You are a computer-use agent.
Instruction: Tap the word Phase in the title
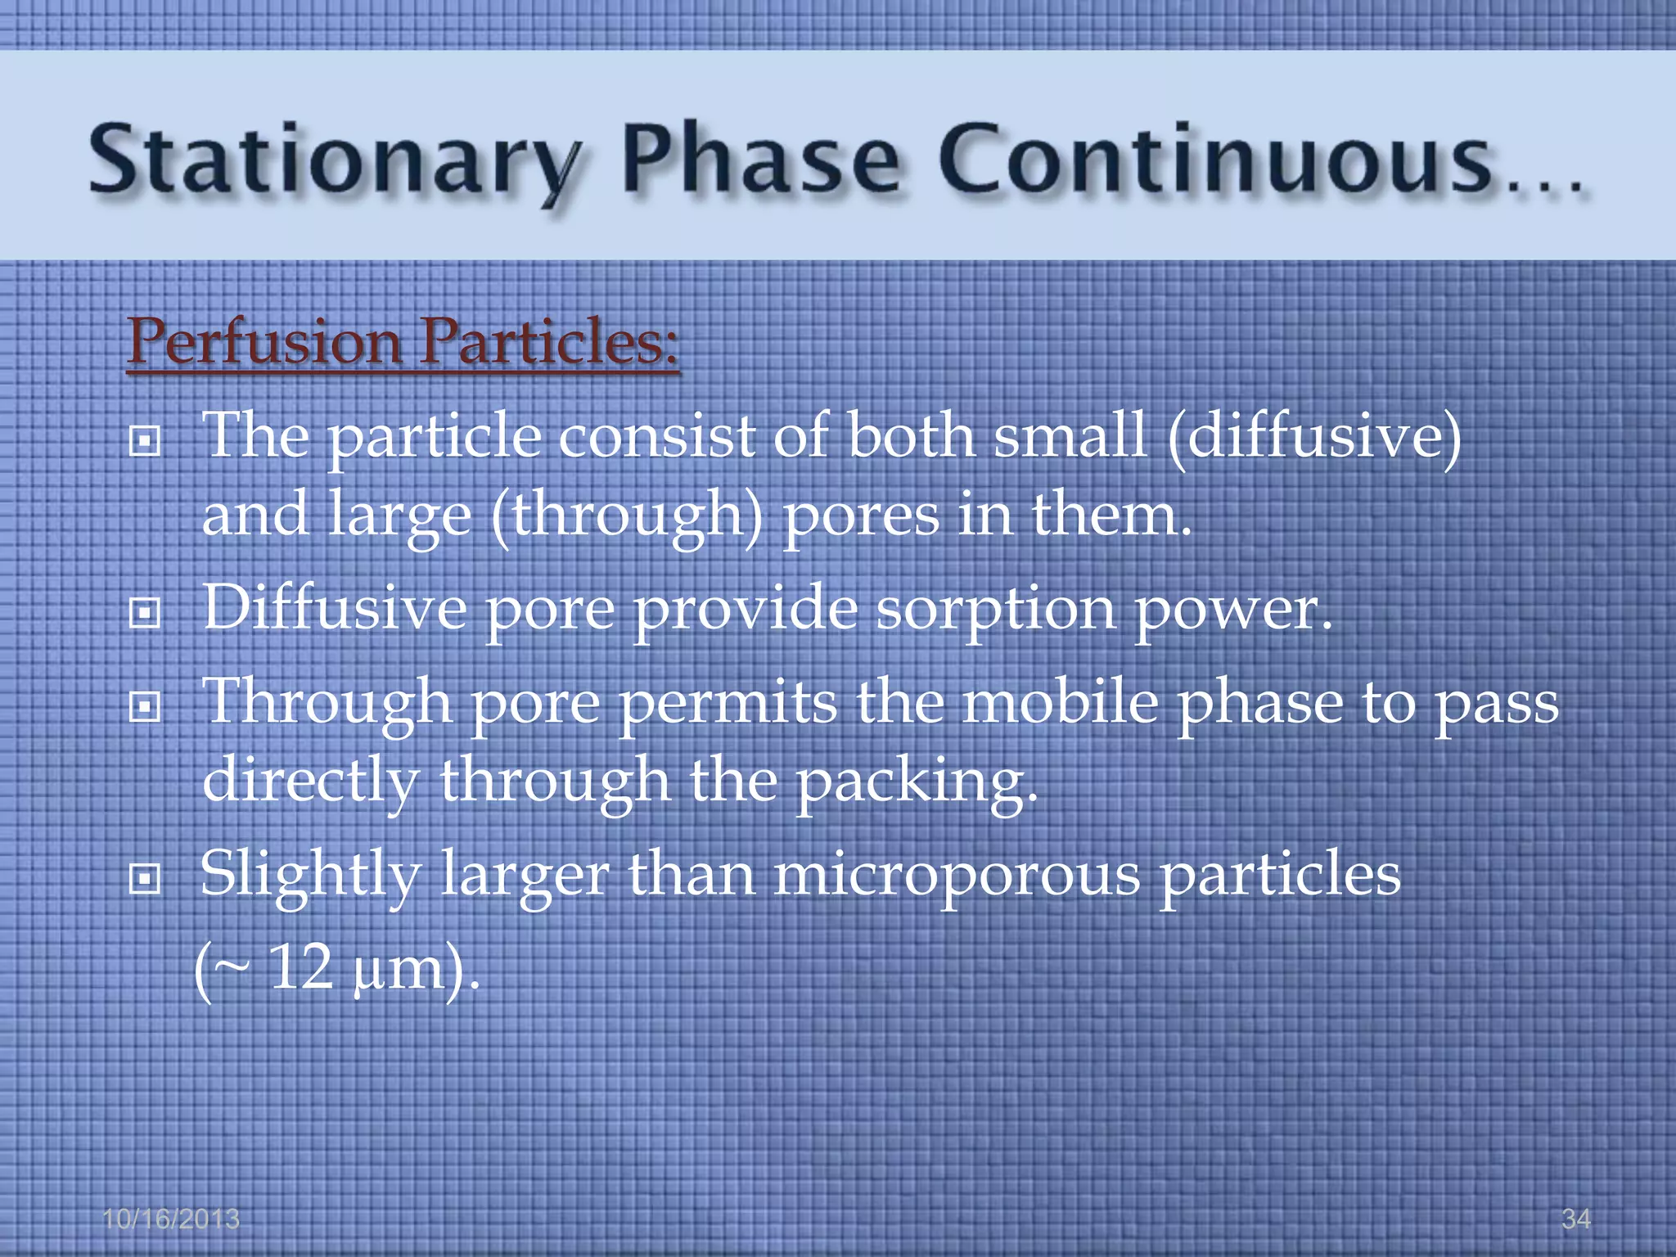[x=761, y=160]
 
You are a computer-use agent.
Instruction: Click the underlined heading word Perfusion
[x=264, y=342]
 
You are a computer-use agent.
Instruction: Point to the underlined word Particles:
[x=548, y=342]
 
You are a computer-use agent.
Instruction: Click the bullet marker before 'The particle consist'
[x=145, y=443]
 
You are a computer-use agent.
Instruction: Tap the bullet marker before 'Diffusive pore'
[x=145, y=613]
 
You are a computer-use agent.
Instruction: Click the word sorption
[x=995, y=610]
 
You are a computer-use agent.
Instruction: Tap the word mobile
[x=1060, y=704]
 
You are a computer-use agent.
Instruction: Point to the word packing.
[x=917, y=782]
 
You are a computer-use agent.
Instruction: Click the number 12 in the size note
[x=300, y=969]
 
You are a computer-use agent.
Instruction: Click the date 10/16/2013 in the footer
[x=171, y=1219]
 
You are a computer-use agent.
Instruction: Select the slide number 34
[x=1575, y=1219]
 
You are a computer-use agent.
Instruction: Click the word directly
[x=310, y=782]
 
